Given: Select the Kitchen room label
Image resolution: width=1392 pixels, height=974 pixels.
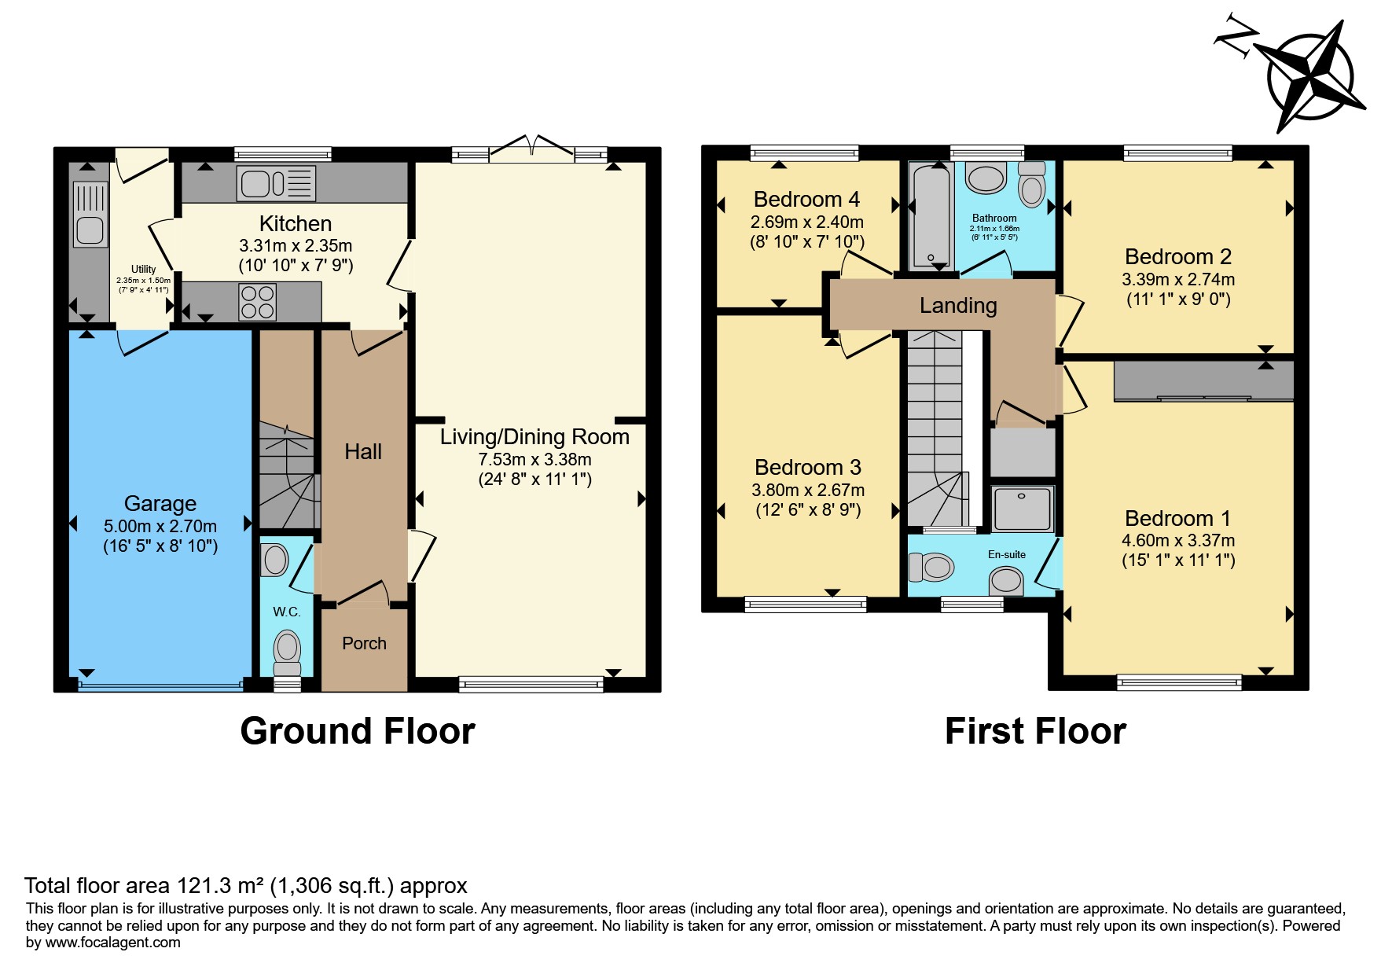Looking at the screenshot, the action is point(296,224).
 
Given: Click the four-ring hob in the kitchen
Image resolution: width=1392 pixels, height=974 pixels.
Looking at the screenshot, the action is point(258,302).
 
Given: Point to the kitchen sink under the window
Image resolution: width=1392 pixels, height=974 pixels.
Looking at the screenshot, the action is point(276,184).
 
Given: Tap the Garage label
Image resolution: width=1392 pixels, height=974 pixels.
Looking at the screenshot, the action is point(160,504).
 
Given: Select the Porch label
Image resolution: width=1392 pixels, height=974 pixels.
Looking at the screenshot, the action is point(364,643).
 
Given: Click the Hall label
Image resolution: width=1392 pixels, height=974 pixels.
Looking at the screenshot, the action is point(363,451).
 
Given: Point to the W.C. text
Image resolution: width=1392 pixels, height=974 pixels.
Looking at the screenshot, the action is point(287,612).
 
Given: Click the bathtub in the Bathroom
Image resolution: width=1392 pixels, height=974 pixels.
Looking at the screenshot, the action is point(931,215).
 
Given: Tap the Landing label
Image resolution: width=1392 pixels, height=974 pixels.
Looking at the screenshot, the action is point(958,306).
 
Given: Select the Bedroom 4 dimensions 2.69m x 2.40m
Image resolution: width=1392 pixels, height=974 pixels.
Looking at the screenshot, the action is point(807,222).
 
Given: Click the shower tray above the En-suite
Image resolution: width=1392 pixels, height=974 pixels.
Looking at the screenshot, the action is point(1023,509).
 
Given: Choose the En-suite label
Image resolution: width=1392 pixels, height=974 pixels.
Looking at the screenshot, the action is point(1007,554).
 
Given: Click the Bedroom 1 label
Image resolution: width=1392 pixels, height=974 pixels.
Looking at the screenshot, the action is point(1177,518).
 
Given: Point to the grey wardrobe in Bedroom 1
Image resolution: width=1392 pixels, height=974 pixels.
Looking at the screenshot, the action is point(1203,381).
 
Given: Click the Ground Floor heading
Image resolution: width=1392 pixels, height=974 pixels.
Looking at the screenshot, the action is point(358,731).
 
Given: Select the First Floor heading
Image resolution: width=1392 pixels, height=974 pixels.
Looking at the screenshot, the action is point(1036,731).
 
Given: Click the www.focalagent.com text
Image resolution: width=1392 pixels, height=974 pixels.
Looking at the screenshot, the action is point(113,943).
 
